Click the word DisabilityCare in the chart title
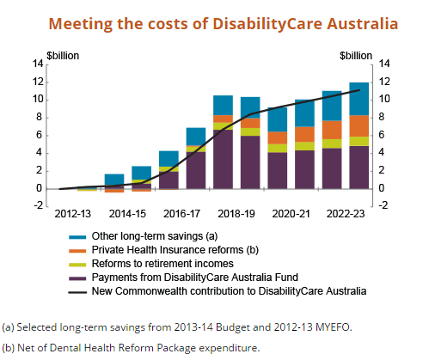(x=268, y=24)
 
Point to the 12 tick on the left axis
(x=38, y=82)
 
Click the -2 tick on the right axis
(x=383, y=205)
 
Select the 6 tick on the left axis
(x=40, y=135)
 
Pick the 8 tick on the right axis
(x=382, y=117)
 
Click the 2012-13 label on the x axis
(x=72, y=214)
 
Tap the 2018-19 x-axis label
(x=236, y=214)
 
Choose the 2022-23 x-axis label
(x=346, y=214)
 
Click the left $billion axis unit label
(x=63, y=56)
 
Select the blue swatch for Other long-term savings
(x=77, y=237)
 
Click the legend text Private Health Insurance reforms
(x=168, y=250)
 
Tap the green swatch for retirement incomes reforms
(x=77, y=265)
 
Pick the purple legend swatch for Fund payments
(x=77, y=278)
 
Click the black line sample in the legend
(x=77, y=292)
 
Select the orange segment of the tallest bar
(x=359, y=126)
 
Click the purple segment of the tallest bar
(x=359, y=168)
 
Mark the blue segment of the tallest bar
(x=359, y=99)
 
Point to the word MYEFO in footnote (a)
(x=334, y=327)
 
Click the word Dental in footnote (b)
(x=65, y=348)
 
